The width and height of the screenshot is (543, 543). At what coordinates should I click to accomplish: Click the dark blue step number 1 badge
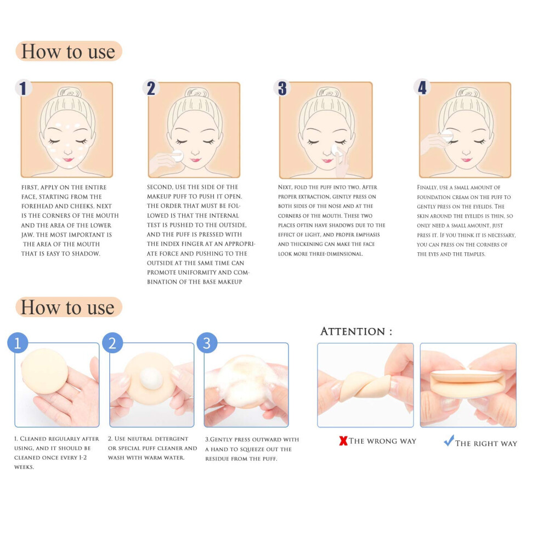(23, 88)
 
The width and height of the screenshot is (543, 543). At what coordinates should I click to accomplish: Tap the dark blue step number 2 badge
(151, 88)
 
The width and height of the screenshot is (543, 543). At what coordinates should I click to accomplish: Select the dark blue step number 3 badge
(282, 88)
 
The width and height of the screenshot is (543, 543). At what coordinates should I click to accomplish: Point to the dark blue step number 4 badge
(422, 87)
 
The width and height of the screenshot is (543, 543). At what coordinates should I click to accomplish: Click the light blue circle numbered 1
(18, 343)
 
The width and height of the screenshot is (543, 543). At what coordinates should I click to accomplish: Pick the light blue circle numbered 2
(112, 343)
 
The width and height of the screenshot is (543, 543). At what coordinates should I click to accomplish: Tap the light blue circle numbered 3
(207, 343)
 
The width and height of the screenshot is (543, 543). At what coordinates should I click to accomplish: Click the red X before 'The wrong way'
(343, 440)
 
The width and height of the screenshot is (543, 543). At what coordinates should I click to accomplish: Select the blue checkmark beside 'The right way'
(449, 440)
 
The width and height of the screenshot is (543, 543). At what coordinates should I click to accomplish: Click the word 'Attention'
(353, 331)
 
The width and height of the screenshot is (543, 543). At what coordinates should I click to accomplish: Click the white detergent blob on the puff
(151, 378)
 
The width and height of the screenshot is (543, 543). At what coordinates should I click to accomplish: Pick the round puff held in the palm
(44, 371)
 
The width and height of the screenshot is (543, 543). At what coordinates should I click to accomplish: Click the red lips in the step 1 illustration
(68, 160)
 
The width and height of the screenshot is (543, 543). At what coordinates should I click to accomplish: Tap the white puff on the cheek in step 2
(178, 156)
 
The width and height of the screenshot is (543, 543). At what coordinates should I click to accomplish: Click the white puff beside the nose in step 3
(336, 151)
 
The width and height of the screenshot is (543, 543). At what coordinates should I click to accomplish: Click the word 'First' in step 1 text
(30, 188)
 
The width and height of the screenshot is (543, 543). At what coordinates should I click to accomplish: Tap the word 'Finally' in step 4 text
(427, 188)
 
